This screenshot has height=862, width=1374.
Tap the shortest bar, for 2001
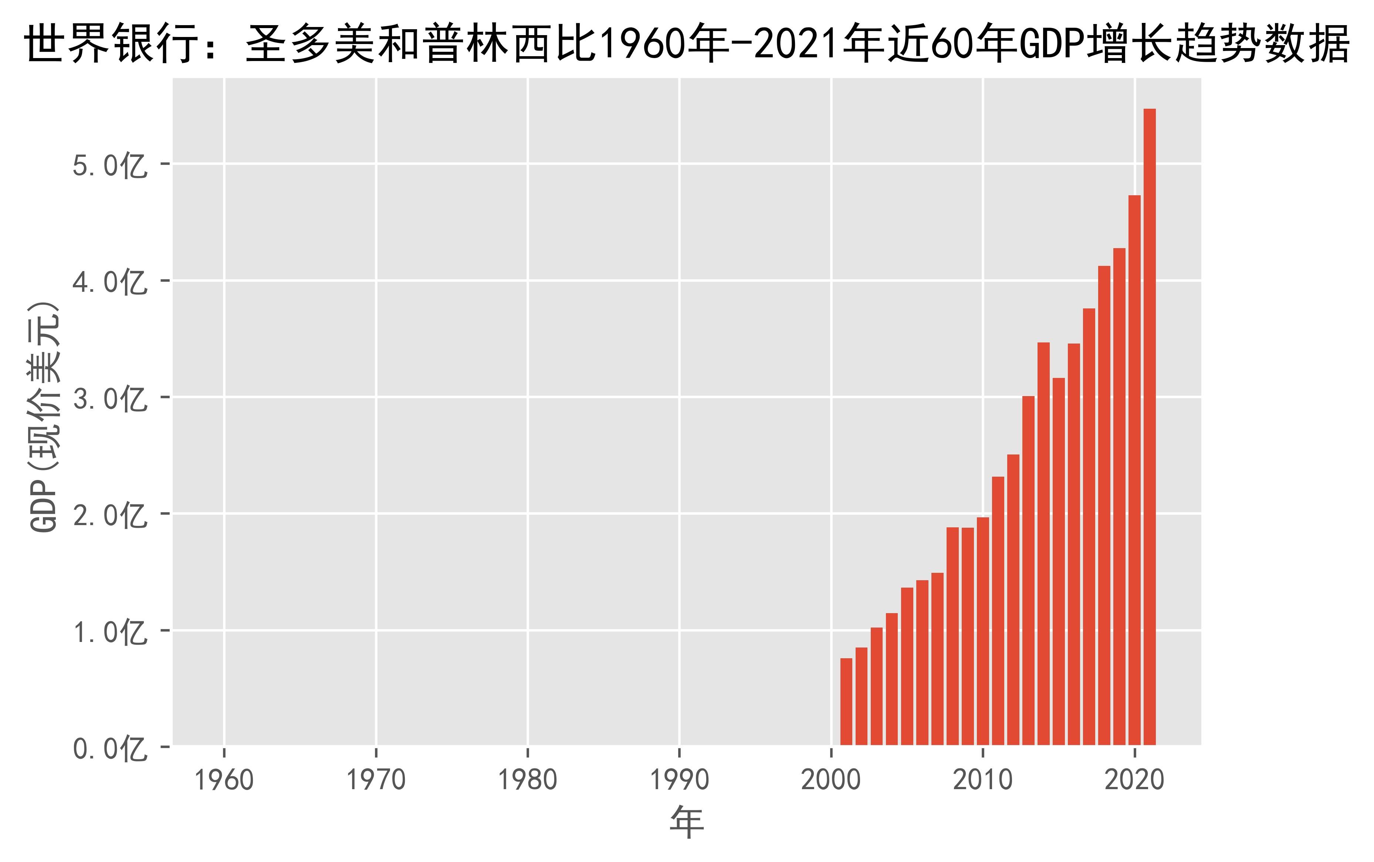[x=846, y=701]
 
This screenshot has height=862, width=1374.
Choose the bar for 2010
[x=982, y=631]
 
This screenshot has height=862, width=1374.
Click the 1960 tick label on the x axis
[x=224, y=780]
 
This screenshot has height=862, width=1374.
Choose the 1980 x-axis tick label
[x=528, y=780]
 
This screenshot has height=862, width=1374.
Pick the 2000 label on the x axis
[x=831, y=780]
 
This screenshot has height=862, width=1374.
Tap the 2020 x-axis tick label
[x=1134, y=780]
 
